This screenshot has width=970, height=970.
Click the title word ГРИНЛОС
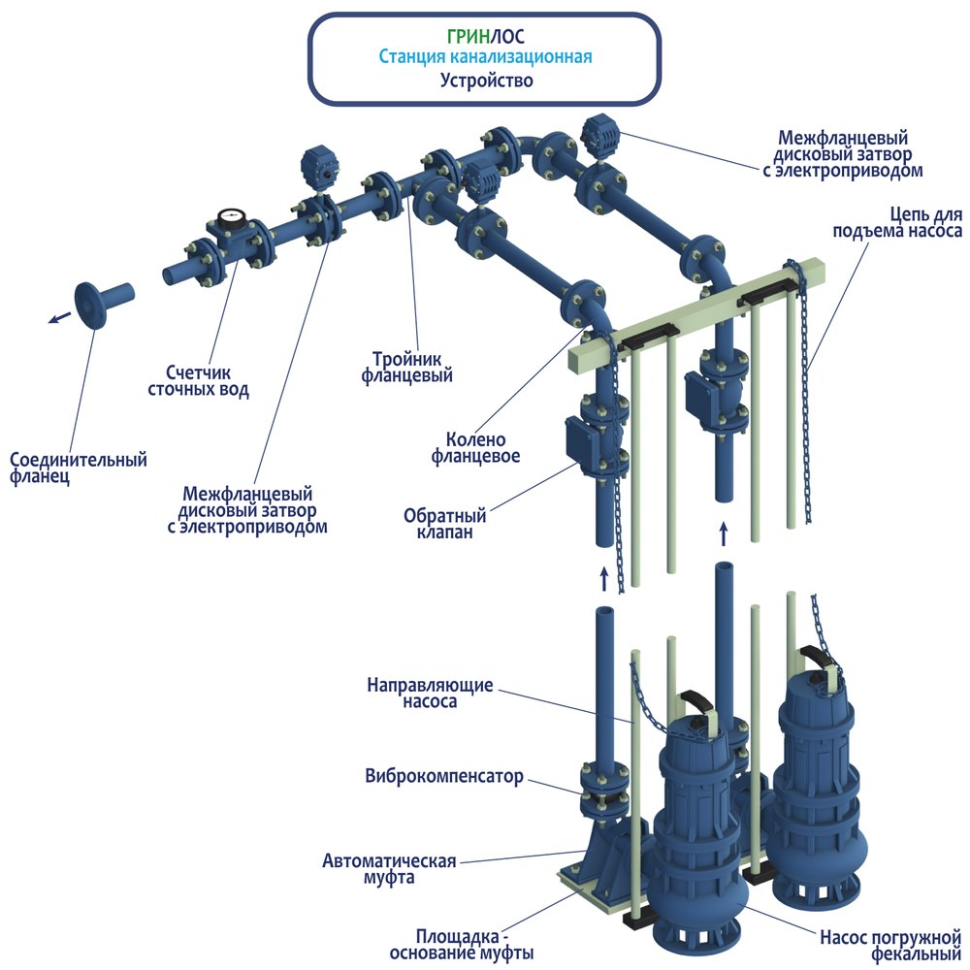click(485, 36)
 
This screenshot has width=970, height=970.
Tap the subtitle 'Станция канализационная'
click(485, 57)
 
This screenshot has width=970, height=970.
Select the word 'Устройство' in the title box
click(485, 81)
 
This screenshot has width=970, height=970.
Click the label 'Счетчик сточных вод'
click(198, 381)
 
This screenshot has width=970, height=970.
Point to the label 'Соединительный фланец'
click(78, 469)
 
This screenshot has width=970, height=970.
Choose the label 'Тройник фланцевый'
click(407, 366)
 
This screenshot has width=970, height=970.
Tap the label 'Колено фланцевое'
click(483, 447)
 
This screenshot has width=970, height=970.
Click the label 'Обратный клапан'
click(445, 522)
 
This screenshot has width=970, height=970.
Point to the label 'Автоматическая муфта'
click(388, 869)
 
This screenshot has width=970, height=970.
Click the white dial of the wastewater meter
click(231, 217)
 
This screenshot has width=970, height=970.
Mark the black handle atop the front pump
click(696, 698)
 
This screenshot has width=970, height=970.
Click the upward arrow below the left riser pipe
click(604, 580)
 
